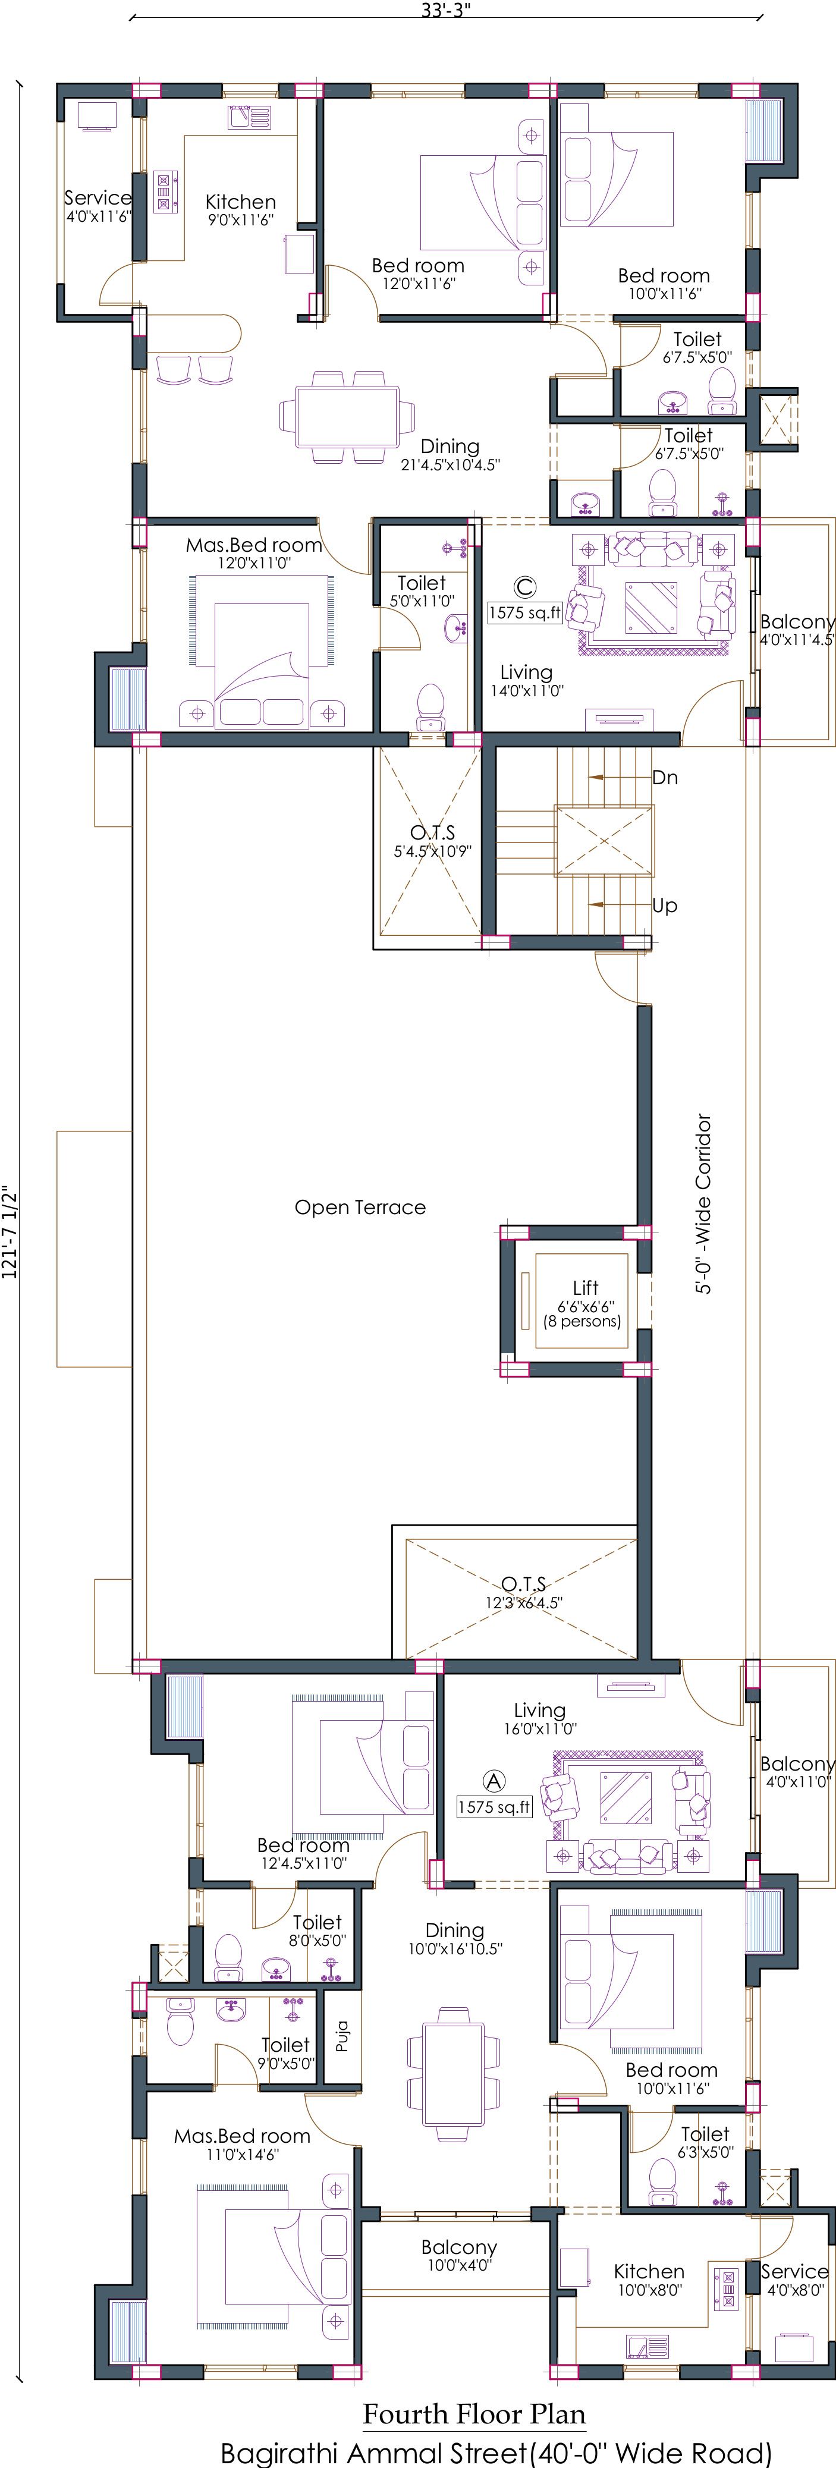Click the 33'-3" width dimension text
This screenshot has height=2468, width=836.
point(447,11)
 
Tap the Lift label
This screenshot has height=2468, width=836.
point(585,1288)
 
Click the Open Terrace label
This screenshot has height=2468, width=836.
point(360,1207)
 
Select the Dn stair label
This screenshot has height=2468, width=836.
point(665,778)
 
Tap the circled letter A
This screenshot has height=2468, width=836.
point(493,1781)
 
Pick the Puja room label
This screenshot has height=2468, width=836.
point(342,2036)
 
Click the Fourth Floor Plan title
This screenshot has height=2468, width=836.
point(474,2414)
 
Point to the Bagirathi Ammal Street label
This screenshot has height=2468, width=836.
point(495,2453)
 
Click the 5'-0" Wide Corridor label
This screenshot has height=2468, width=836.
point(704,1203)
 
